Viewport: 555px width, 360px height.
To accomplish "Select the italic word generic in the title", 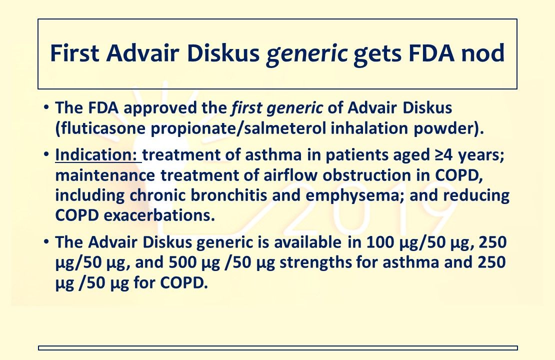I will point(307,53).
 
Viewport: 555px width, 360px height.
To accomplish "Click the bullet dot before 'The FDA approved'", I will point(46,107).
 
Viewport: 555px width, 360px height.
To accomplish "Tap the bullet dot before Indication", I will point(46,155).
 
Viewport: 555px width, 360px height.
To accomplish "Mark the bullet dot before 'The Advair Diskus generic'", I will point(46,243).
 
